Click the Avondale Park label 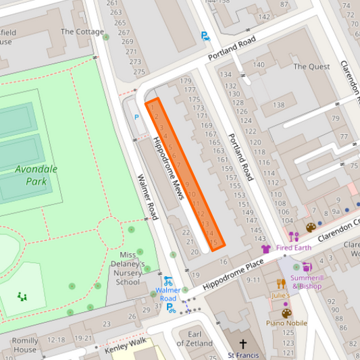pyautogui.click(x=36, y=175)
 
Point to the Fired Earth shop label pyautogui.click(x=293, y=248)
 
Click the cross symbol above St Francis pyautogui.click(x=242, y=344)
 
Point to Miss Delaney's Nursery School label pyautogui.click(x=128, y=268)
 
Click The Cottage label pyautogui.click(x=82, y=32)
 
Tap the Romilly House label pyautogui.click(x=25, y=345)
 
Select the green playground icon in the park pyautogui.click(x=22, y=296)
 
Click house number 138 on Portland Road pyautogui.click(x=278, y=105)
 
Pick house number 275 pyautogui.click(x=138, y=72)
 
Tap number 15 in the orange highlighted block pyautogui.click(x=214, y=242)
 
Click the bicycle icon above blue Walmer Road pyautogui.click(x=168, y=281)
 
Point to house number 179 pyautogui.click(x=186, y=81)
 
